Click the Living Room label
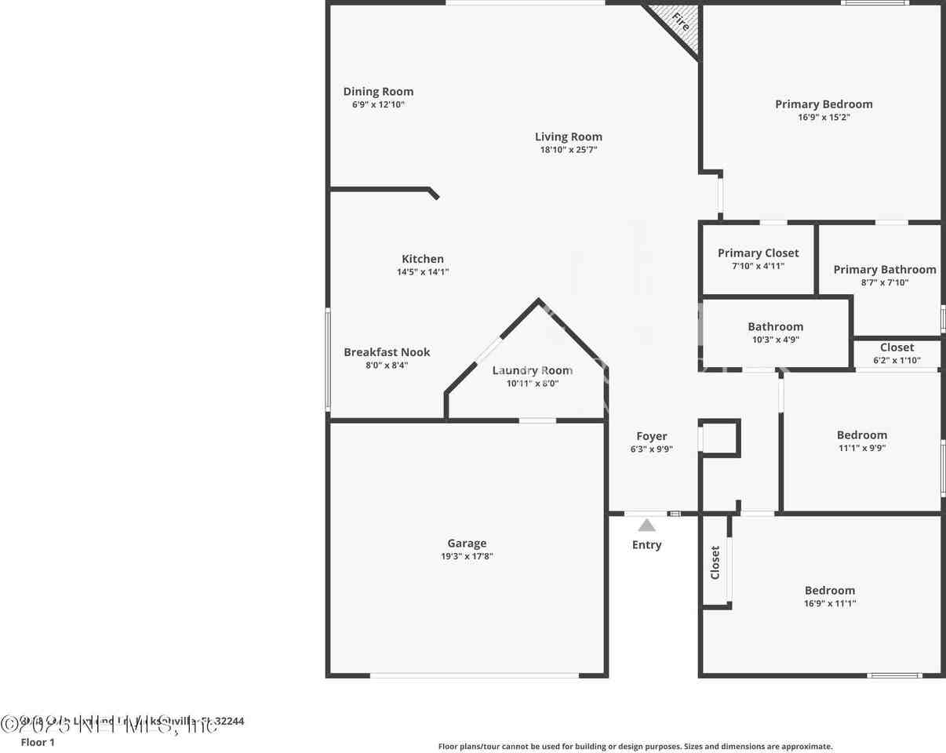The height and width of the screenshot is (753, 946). click(x=569, y=136)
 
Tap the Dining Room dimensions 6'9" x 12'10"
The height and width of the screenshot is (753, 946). click(x=378, y=104)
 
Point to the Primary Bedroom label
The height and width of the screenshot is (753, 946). click(x=824, y=104)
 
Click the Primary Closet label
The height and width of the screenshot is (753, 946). click(x=758, y=253)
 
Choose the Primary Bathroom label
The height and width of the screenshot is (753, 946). click(x=884, y=269)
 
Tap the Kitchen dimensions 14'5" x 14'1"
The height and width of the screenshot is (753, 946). click(x=423, y=272)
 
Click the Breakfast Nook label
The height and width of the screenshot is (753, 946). click(x=387, y=352)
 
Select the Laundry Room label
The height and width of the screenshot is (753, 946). click(x=533, y=370)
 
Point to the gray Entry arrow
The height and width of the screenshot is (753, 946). click(x=646, y=526)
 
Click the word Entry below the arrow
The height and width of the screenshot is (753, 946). click(x=646, y=544)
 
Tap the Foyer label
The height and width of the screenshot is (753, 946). click(x=652, y=436)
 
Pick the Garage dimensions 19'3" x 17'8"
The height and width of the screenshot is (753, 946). click(x=467, y=556)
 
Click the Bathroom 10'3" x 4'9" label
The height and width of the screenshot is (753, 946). click(x=775, y=326)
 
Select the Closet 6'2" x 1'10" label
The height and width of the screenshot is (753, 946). click(x=897, y=347)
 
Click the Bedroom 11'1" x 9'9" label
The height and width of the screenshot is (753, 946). click(x=862, y=435)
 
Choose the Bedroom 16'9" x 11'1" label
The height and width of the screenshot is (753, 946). click(x=830, y=590)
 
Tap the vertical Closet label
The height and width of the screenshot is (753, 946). click(x=715, y=562)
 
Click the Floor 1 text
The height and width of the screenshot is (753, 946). click(x=38, y=742)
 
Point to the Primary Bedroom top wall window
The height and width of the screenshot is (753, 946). click(x=875, y=3)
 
